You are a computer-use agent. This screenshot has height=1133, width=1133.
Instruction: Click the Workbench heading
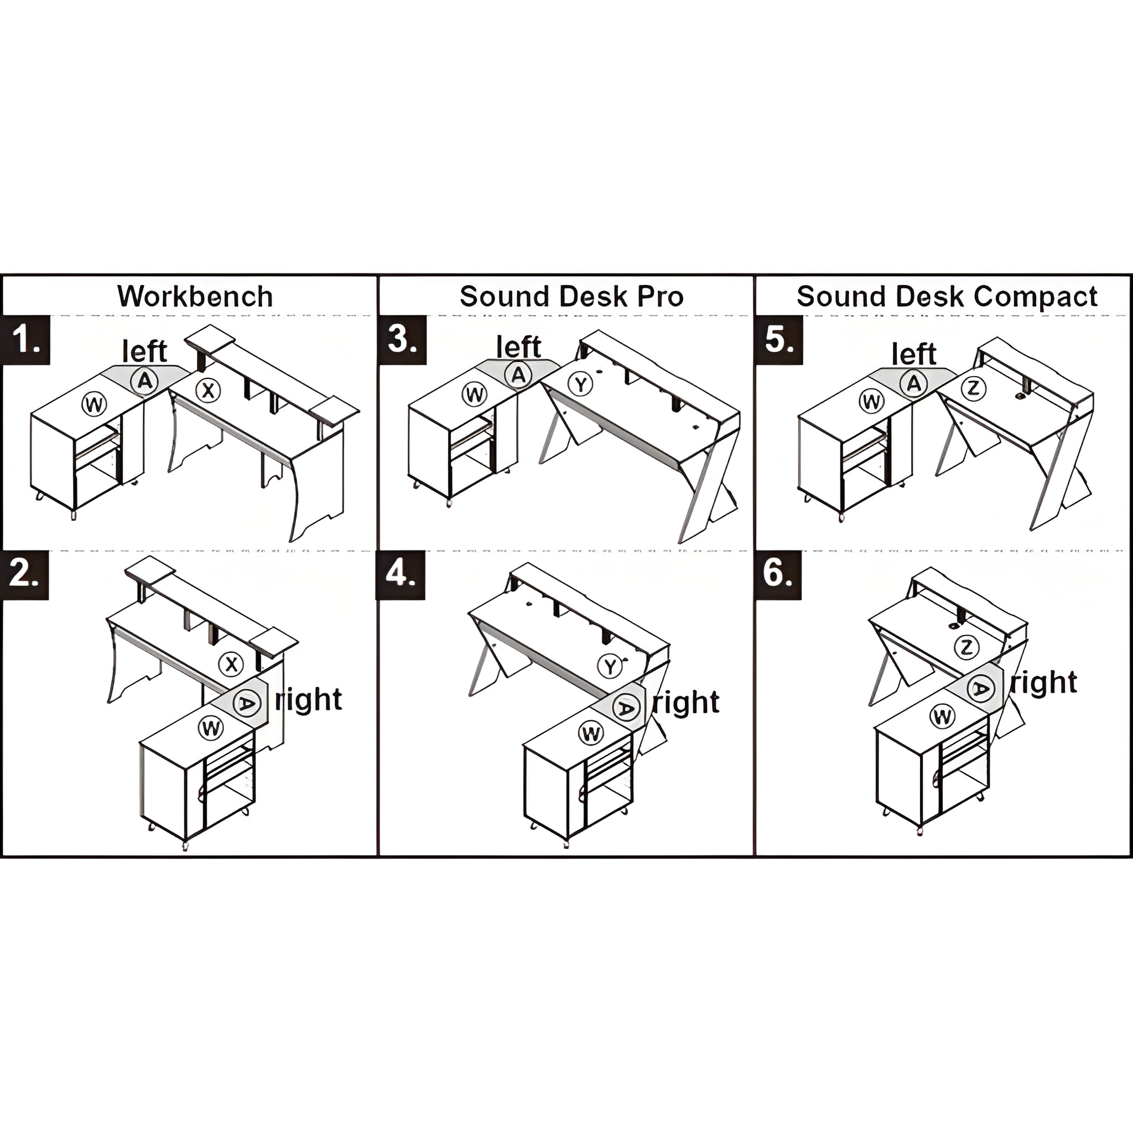click(x=195, y=296)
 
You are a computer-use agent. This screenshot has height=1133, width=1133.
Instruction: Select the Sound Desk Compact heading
click(x=947, y=296)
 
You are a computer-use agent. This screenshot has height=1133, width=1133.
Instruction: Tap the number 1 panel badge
click(x=26, y=340)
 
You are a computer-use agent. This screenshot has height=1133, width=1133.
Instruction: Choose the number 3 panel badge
click(x=402, y=340)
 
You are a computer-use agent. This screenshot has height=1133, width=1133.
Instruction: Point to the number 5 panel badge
click(x=779, y=340)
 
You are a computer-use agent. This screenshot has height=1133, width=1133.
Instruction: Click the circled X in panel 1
click(x=207, y=390)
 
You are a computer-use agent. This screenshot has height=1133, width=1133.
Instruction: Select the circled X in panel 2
click(x=231, y=664)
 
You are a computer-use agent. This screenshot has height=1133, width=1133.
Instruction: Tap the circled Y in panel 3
click(x=580, y=384)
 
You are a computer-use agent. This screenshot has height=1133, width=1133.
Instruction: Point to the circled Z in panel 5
click(x=974, y=388)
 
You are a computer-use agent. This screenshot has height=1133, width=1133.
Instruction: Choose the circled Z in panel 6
click(x=966, y=647)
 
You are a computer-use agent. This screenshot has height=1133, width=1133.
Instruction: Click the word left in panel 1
click(x=144, y=351)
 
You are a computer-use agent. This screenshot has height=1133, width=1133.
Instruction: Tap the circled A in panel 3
click(x=518, y=375)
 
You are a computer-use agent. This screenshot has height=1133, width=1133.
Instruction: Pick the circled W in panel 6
click(x=942, y=716)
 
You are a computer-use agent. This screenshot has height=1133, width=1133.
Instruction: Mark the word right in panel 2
click(x=309, y=699)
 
